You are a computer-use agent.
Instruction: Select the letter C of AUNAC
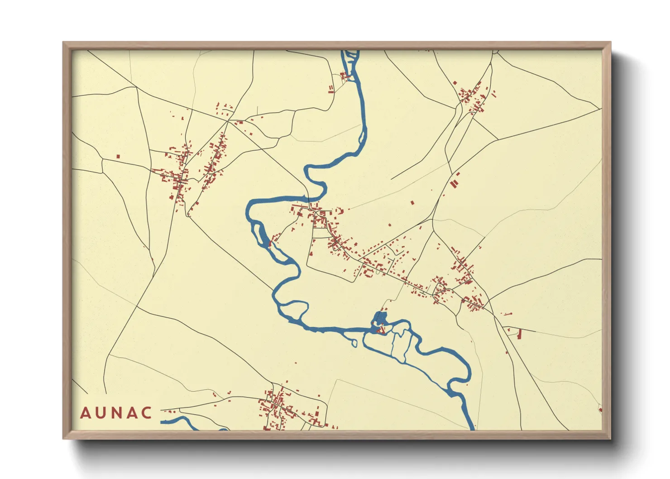point(147,413)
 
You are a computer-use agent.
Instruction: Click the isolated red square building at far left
point(118,157)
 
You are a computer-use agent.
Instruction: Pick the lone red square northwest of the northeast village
point(455,83)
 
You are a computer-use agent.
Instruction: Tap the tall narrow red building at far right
point(519,334)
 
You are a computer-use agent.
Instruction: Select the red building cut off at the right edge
point(600,410)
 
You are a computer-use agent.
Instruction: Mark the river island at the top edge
point(351,56)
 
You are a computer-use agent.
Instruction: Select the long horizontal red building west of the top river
point(331,91)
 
